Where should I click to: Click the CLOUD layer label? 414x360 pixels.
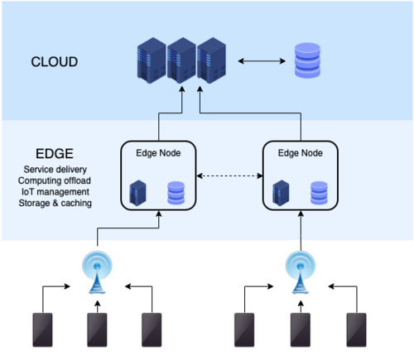55,62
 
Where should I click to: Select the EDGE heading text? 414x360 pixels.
55,155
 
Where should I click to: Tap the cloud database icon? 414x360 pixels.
308,62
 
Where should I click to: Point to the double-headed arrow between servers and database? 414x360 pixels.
261,61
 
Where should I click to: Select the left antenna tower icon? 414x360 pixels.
99,273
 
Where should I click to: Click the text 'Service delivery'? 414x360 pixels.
55,170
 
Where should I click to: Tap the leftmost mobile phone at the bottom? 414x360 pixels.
41,332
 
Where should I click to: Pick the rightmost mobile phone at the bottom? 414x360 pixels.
357,332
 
